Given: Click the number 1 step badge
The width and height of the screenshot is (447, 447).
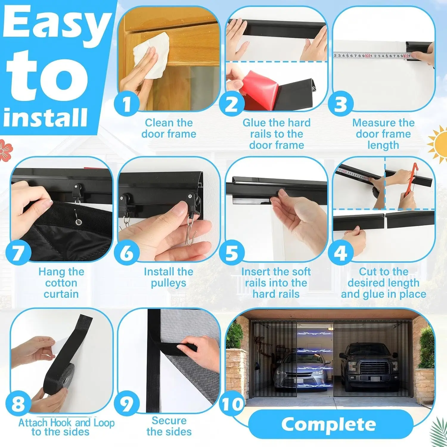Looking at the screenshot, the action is [x=127, y=104].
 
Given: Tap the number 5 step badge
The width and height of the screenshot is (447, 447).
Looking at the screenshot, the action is [x=232, y=253].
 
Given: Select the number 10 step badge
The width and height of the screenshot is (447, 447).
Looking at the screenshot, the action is [x=232, y=404].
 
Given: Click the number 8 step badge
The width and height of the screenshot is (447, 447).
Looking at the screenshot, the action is [x=18, y=403].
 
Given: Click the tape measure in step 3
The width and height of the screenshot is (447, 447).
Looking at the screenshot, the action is [x=372, y=55].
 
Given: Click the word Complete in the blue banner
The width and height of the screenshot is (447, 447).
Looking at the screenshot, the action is [x=329, y=424].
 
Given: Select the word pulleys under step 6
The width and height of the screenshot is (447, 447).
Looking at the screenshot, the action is [x=168, y=283].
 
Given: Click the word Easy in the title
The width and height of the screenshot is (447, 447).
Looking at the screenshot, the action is [x=57, y=24].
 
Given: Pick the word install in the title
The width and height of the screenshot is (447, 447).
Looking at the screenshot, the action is [x=46, y=117].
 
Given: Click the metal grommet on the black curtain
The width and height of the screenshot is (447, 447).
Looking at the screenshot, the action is [x=79, y=222].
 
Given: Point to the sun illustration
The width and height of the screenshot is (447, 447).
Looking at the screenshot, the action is [x=438, y=145].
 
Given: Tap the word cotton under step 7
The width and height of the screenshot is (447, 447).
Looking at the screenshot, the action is [x=61, y=283].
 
